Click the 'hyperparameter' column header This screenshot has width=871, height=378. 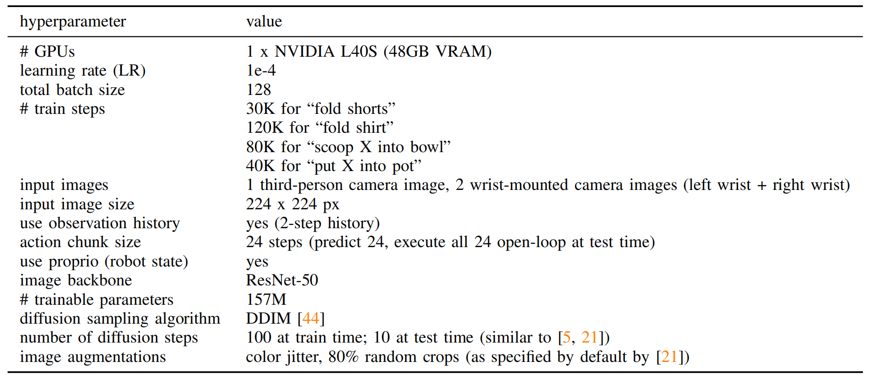pos(73,22)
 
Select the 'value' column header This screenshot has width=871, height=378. pos(264,21)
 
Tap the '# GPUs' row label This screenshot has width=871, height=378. pos(47,52)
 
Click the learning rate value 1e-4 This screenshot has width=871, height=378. pos(261,70)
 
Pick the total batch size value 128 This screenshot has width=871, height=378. pos(259,90)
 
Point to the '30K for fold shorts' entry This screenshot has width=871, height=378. pos(321,109)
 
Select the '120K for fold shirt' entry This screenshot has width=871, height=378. pos(320,128)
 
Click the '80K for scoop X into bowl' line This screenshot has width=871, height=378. pos(348,147)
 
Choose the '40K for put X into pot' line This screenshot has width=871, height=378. pos(333,166)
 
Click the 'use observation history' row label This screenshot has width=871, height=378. pos(100,223)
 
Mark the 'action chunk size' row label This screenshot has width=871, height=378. pos(80,242)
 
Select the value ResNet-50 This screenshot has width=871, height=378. pos(282,280)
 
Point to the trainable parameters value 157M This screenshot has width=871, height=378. pos(266,300)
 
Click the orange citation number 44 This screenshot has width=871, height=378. pos(311,318)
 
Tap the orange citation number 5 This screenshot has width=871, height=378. pos(567,337)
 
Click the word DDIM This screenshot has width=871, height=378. pos(268,318)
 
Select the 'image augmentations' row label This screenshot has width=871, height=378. pos(93,357)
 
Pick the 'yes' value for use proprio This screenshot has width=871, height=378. pos(257,262)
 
